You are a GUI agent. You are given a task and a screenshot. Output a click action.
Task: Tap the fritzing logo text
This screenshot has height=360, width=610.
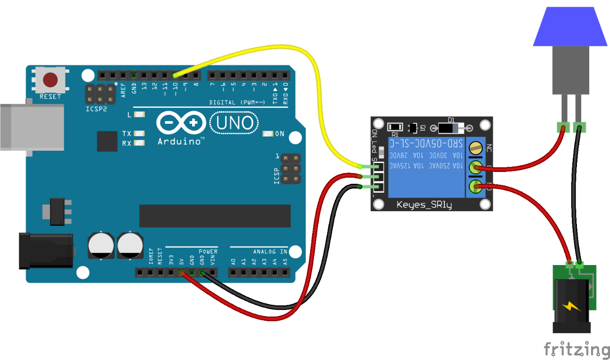pos(576,349)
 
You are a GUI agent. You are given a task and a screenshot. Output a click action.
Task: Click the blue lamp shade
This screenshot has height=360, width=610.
pos(570,27)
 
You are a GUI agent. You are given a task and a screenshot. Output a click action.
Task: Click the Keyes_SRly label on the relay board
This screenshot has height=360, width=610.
pos(424,205)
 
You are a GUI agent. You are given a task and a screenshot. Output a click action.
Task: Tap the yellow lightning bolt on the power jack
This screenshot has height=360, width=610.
pos(571,306)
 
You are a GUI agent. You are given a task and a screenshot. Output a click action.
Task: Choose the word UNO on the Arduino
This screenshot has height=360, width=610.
pos(235,123)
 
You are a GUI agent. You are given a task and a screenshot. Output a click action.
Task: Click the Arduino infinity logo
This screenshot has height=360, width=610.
pos(182,124)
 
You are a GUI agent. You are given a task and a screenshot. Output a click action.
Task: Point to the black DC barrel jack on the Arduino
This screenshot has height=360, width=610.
pos(45,250)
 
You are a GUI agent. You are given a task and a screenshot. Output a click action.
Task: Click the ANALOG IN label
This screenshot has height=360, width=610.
pos(270,251)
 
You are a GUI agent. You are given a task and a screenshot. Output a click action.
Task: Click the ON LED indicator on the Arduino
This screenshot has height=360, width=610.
pos(268,134)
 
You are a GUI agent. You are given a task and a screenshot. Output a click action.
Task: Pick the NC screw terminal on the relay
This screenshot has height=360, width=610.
pos(474,149)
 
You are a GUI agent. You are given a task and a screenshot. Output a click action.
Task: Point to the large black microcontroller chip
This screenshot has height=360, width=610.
pos(215,216)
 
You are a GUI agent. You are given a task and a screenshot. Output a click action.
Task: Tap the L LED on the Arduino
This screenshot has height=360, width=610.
pos(139,115)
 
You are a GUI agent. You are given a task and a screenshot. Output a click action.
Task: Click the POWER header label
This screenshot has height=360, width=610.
pos(208,251)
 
